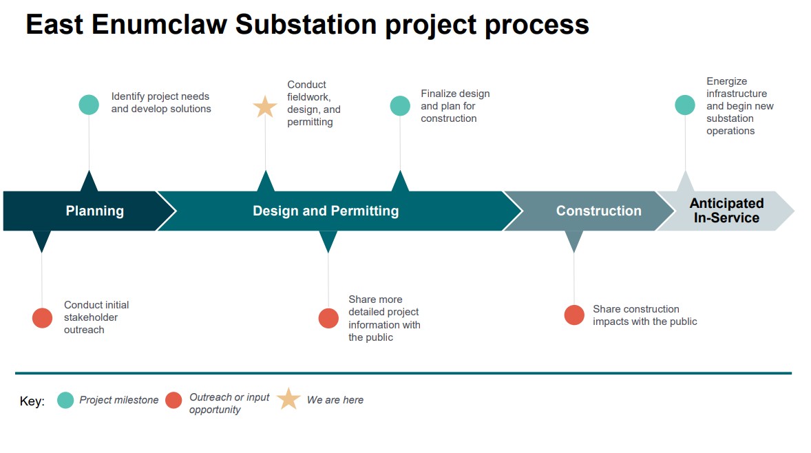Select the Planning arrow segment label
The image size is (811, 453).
click(x=95, y=211)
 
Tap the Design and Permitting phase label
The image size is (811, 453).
click(x=326, y=211)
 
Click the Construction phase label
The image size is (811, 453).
click(x=598, y=211)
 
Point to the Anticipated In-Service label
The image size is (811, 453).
click(x=726, y=211)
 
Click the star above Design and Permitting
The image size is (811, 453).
click(x=265, y=107)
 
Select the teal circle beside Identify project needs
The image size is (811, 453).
click(x=89, y=105)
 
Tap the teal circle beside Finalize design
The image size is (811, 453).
click(x=400, y=105)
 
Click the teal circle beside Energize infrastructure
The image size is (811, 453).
click(x=685, y=105)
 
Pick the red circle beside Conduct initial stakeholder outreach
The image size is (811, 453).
click(x=42, y=318)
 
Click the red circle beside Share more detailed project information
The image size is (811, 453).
click(x=328, y=318)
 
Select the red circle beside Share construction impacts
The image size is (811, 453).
click(x=574, y=315)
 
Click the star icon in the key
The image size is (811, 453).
click(x=288, y=399)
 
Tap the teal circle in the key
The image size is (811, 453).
click(x=65, y=400)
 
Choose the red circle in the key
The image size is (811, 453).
click(x=173, y=400)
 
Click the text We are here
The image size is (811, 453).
click(x=335, y=400)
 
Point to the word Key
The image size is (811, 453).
click(x=32, y=401)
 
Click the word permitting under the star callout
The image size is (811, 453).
click(x=310, y=122)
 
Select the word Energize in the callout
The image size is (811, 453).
click(x=726, y=81)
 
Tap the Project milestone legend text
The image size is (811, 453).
click(x=118, y=400)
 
